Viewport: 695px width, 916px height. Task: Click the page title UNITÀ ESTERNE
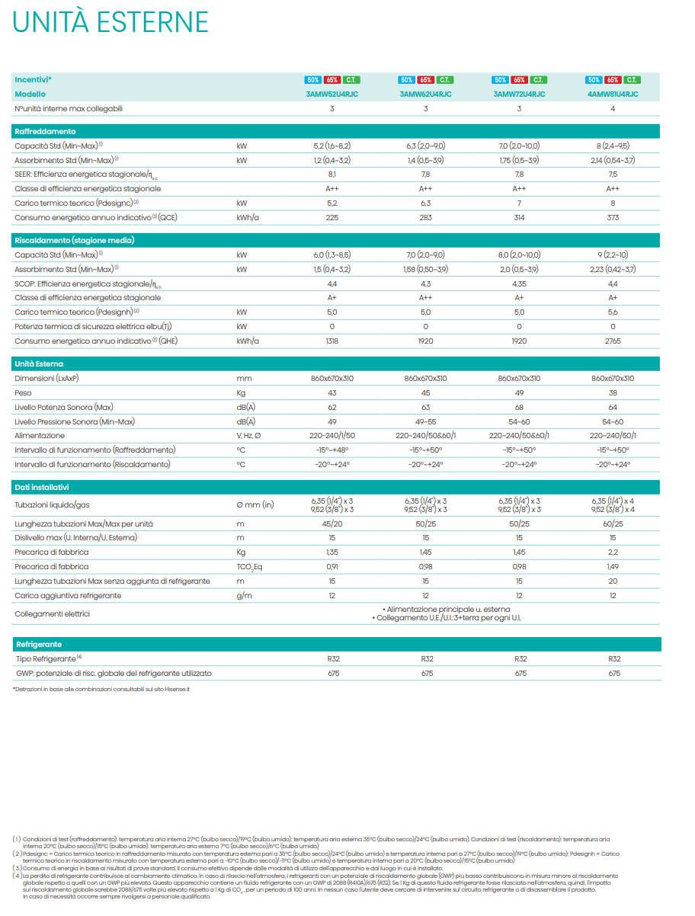110,23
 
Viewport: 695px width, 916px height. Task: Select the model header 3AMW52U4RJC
331,94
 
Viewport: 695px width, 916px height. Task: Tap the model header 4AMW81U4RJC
613,94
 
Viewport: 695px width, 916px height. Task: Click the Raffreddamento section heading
46,132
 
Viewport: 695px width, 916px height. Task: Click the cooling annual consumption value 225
331,218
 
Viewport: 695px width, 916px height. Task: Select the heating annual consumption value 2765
613,341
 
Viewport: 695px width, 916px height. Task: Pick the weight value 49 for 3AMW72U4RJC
519,393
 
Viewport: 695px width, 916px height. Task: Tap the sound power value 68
519,407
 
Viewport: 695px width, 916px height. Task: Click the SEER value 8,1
331,175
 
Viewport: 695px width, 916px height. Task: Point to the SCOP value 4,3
425,283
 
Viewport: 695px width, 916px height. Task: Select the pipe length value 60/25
613,524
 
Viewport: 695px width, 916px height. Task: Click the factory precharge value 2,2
613,552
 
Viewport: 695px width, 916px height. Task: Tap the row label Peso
23,393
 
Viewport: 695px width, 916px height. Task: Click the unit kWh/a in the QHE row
248,341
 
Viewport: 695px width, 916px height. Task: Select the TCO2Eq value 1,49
613,567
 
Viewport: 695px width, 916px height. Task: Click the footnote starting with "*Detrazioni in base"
101,689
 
